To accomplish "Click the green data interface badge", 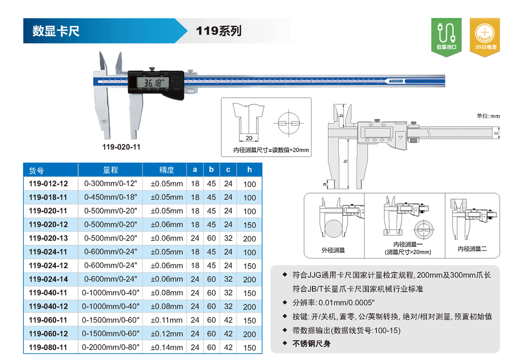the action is pos(446,37).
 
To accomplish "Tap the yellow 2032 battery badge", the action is pos(484,37).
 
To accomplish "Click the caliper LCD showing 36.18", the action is pos(152,82).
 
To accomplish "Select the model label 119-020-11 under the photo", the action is pos(121,147).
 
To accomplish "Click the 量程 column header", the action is pos(110,170).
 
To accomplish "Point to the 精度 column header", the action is pos(166,170).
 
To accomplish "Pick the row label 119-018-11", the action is pos(48,197).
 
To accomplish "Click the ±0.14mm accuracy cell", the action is pos(167,347).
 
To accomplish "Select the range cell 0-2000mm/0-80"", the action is pos(110,347).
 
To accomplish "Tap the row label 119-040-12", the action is pos(48,306).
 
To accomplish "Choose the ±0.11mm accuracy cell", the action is pos(167,320).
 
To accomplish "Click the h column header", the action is pos(249,169).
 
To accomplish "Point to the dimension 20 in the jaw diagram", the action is pos(249,138).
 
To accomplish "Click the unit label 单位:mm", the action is pos(488,116).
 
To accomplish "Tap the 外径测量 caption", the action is pos(333,250).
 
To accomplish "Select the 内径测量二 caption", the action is pos(472,249).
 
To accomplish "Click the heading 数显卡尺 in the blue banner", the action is pos(56,31).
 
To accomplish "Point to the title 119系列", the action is pos(219,31).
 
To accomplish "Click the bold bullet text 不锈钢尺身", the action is pos(311,344).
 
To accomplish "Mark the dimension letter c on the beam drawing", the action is pos(496,133).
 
